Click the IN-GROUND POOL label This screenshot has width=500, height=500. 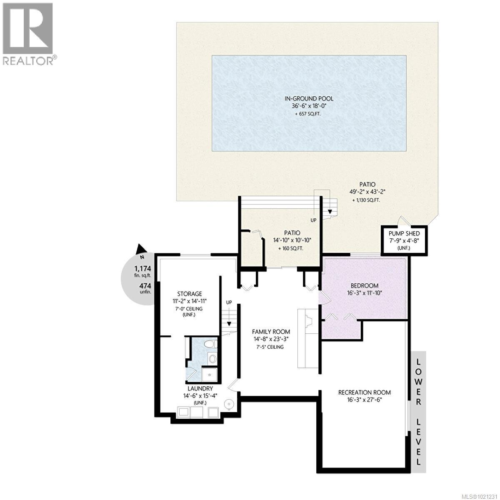coord(309,99)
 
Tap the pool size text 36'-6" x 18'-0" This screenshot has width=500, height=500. coord(309,106)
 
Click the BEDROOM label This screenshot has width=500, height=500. coord(364,285)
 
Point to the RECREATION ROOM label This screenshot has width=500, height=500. coord(364,392)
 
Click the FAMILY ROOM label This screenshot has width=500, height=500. coord(271,332)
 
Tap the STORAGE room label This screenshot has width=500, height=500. coord(190,294)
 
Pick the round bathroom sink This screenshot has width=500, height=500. coord(212,358)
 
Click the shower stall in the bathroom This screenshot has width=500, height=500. coord(208,374)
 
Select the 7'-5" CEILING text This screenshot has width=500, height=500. coord(270,347)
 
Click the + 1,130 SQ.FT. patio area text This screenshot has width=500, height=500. coord(367,200)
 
